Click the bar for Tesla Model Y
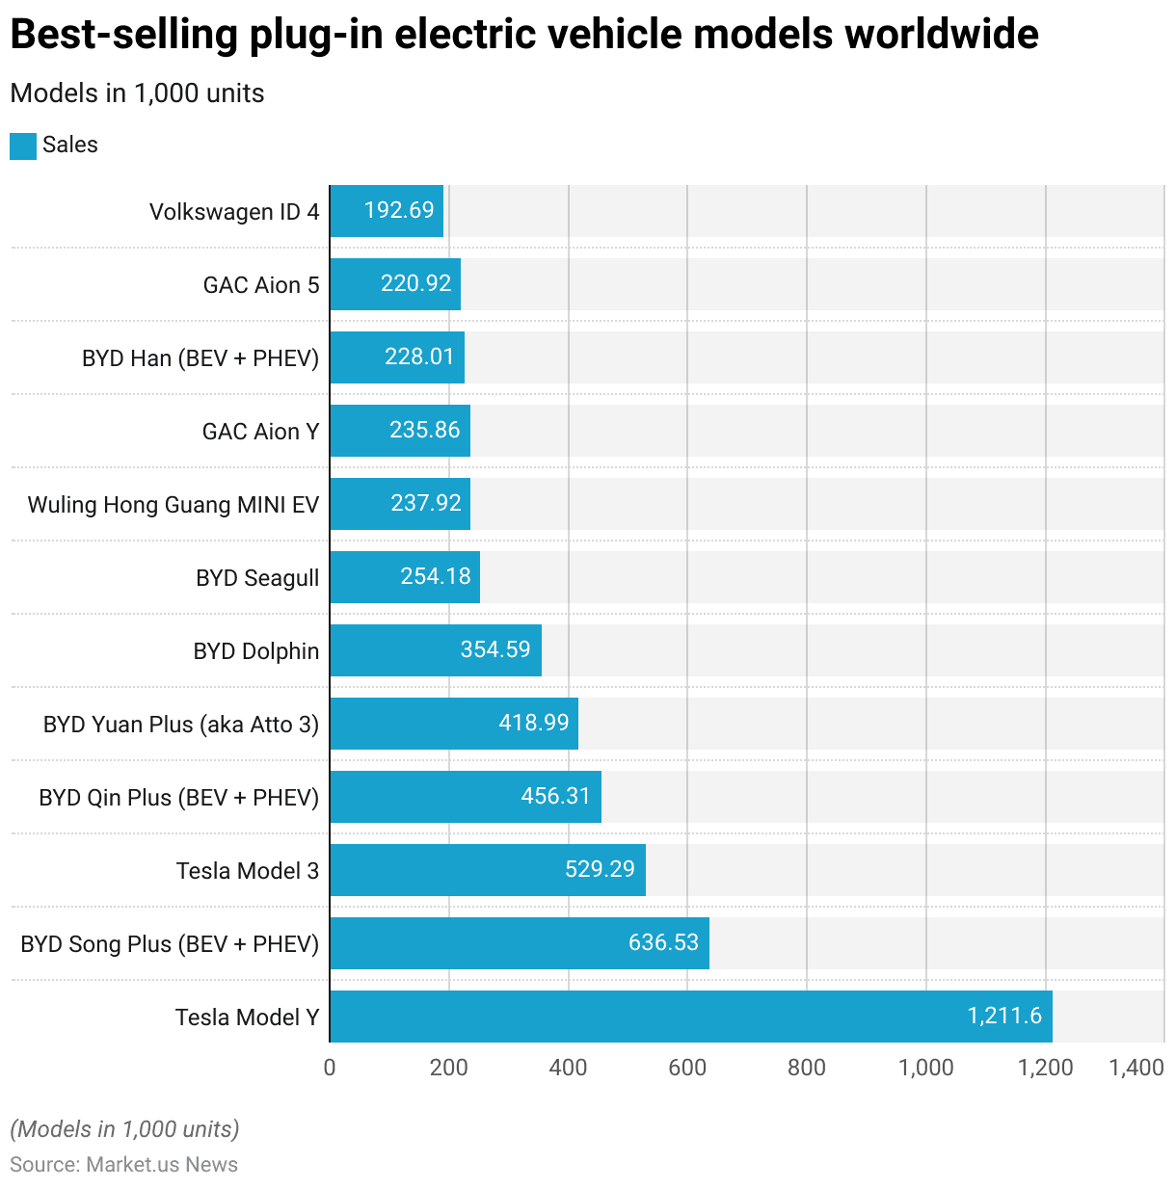tap(690, 1017)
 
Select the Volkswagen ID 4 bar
tap(387, 211)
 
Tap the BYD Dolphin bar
tap(436, 650)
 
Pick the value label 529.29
tap(600, 869)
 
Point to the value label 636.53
tap(663, 942)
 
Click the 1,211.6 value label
tap(1004, 1016)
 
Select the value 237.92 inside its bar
tap(426, 503)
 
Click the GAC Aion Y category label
tap(260, 432)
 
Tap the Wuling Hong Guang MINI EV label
tap(174, 505)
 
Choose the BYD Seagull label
tap(257, 578)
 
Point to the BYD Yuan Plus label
tap(181, 725)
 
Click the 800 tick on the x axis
tap(807, 1068)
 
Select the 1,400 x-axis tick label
tap(1136, 1068)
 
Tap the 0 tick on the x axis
tap(330, 1068)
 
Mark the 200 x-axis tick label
tap(449, 1068)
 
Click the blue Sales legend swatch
tap(23, 145)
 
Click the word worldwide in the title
tap(941, 35)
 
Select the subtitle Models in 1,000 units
tap(137, 93)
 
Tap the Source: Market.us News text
tap(124, 1164)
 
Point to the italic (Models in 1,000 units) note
tap(124, 1129)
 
